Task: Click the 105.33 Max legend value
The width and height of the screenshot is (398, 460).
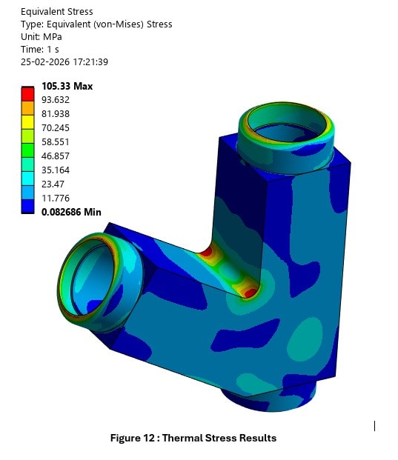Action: click(67, 87)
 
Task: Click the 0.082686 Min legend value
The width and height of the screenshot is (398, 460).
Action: click(71, 212)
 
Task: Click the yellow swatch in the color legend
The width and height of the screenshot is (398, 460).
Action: click(27, 121)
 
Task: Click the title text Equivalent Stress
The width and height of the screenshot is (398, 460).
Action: click(57, 11)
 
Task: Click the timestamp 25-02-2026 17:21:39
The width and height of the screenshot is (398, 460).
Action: click(64, 61)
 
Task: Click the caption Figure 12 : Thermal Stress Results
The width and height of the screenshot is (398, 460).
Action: click(193, 438)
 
